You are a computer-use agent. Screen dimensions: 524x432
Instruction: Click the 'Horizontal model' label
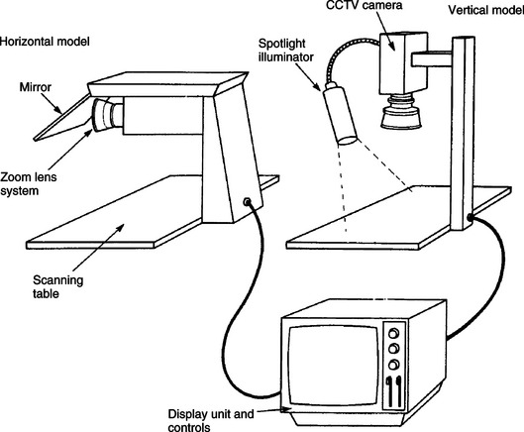[x=45, y=42]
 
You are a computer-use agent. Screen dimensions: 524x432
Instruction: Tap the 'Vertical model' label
[x=486, y=10]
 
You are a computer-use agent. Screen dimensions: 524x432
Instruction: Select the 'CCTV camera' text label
[x=364, y=5]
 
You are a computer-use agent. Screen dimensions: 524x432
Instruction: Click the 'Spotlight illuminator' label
[x=286, y=51]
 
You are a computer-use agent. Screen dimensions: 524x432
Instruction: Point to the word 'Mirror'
[x=36, y=87]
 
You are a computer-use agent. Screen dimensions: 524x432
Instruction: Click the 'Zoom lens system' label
[x=29, y=184]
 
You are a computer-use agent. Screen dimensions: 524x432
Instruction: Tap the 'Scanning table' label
[x=57, y=286]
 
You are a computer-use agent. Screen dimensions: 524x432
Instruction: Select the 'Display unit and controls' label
[x=211, y=420]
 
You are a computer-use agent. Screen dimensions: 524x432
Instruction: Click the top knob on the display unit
[x=394, y=333]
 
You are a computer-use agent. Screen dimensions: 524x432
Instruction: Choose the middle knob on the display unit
[x=394, y=349]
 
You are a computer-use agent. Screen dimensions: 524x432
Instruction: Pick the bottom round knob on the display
[x=394, y=364]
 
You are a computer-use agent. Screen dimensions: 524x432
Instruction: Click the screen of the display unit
[x=334, y=366]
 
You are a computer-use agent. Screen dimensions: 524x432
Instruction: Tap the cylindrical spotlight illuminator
[x=340, y=114]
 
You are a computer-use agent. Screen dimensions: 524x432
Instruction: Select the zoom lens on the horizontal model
[x=108, y=115]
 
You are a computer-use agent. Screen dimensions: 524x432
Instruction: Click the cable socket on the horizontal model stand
[x=247, y=201]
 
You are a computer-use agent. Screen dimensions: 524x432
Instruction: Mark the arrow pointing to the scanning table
[x=98, y=248]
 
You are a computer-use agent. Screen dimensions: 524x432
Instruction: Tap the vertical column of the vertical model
[x=463, y=134]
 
